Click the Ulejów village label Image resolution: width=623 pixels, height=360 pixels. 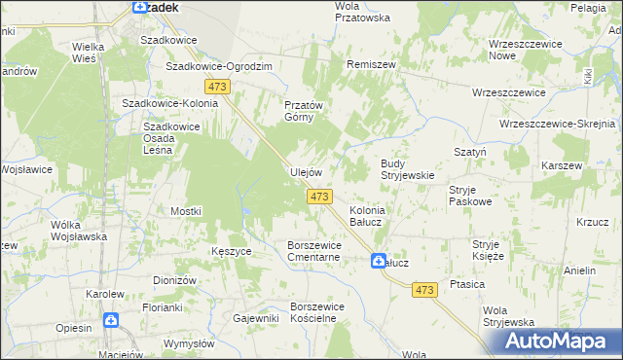pyautogui.click(x=306, y=172)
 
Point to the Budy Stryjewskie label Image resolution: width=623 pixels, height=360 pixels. pyautogui.click(x=406, y=169)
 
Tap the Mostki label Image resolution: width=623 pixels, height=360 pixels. pyautogui.click(x=185, y=211)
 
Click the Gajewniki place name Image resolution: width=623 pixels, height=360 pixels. pyautogui.click(x=256, y=318)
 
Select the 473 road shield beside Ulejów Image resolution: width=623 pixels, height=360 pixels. pyautogui.click(x=320, y=198)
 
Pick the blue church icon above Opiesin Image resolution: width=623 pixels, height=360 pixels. pyautogui.click(x=112, y=319)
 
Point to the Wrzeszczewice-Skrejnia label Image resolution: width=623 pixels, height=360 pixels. pyautogui.click(x=556, y=125)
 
